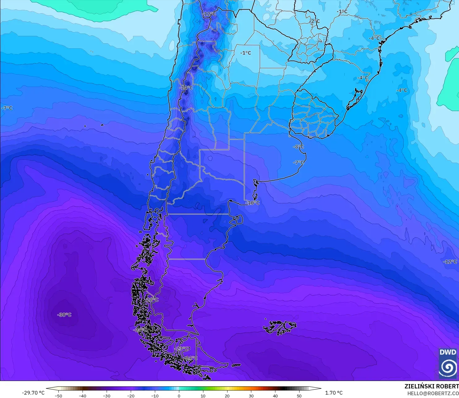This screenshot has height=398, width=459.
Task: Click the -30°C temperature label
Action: [x=64, y=315]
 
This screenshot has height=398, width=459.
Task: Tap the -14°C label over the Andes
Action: [x=186, y=88]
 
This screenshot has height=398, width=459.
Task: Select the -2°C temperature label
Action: [x=315, y=21]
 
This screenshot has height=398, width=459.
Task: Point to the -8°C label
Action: [x=298, y=147]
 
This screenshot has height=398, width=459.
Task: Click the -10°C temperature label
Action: [x=253, y=203]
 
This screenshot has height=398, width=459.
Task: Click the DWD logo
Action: [x=448, y=364]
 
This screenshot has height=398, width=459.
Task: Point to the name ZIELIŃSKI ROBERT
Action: [x=431, y=386]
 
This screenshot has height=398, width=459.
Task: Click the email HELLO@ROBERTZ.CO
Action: [x=433, y=393]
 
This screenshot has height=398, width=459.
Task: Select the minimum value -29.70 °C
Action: [x=33, y=393]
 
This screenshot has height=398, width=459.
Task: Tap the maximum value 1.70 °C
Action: [x=334, y=393]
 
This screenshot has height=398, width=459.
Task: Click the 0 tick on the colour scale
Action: [x=179, y=396]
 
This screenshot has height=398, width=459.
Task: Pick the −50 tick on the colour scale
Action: [x=58, y=396]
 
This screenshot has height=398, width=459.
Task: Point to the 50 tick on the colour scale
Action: [x=299, y=396]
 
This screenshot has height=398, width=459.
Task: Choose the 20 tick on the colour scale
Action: [x=227, y=396]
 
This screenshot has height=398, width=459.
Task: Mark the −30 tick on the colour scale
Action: [x=106, y=396]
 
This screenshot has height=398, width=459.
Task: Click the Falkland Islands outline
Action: [x=280, y=327]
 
